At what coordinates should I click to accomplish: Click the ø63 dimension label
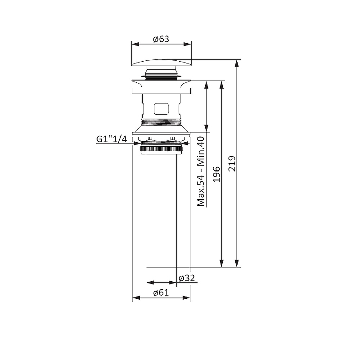point(161,39)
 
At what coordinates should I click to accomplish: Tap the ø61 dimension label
point(161,292)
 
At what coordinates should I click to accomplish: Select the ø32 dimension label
point(187,278)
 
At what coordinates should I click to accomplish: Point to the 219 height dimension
point(232,163)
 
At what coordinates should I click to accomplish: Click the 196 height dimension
point(216,174)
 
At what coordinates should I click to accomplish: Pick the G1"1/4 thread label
point(112,139)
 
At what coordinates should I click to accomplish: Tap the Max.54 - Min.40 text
point(201,171)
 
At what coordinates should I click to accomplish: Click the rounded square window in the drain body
point(161,108)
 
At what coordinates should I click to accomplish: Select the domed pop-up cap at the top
point(162,63)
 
